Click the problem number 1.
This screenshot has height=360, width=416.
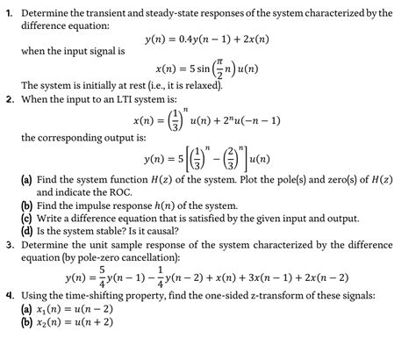pos(8,12)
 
